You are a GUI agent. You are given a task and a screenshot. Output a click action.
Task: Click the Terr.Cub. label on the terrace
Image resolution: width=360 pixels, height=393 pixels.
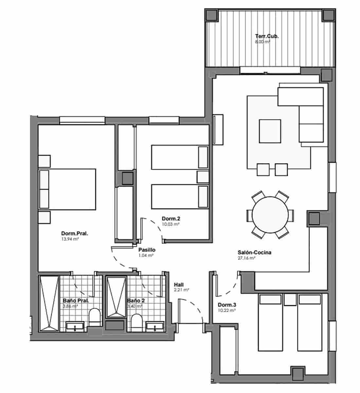[267, 37]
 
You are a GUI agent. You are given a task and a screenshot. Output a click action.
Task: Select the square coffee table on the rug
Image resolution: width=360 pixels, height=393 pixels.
[270, 131]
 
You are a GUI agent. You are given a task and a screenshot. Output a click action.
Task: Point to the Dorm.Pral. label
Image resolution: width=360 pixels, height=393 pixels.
[75, 234]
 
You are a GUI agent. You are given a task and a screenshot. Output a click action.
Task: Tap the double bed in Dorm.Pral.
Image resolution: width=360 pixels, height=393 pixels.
[67, 189]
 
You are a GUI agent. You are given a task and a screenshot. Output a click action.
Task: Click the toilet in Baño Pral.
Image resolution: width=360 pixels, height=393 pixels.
[94, 317]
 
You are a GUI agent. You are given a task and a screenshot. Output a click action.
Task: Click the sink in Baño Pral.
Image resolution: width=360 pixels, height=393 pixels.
[75, 326]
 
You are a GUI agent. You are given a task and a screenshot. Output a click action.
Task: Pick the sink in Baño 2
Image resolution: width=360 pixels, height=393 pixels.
[155, 326]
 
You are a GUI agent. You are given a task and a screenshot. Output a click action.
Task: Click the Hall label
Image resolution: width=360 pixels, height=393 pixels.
[179, 285]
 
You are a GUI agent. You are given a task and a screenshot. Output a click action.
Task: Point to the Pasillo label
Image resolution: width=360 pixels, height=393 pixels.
[147, 250]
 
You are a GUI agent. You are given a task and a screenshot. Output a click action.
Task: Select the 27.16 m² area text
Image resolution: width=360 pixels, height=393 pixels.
[246, 258]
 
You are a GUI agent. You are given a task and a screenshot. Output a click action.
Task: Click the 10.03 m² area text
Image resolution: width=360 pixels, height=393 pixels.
[171, 224]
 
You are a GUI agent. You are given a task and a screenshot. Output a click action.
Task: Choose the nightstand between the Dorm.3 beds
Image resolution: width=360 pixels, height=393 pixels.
[290, 300]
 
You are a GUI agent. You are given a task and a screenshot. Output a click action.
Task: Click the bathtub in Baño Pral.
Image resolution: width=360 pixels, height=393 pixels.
[49, 303]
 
